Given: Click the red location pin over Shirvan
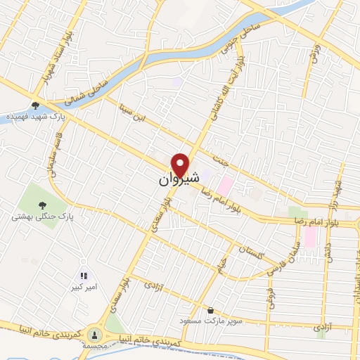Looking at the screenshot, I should [181, 165].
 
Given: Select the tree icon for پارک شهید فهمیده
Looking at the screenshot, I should [35, 105].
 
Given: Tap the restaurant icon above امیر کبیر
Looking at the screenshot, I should [83, 276].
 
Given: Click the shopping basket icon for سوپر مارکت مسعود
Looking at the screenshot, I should [210, 310].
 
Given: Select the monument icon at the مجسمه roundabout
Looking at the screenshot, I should [95, 335].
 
